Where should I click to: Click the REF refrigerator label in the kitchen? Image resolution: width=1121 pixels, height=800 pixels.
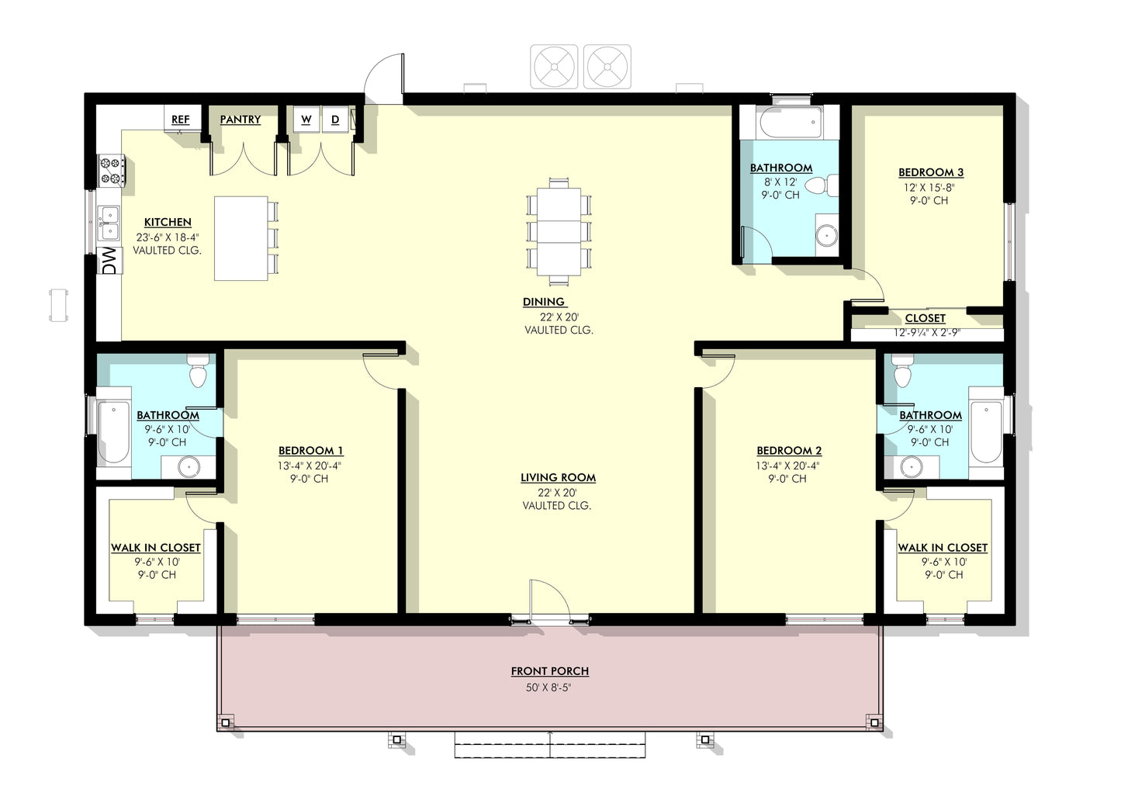tap(180, 119)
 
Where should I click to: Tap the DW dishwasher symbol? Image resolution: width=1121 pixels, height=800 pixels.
tap(109, 261)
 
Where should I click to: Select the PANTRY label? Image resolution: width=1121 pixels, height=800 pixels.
tap(240, 119)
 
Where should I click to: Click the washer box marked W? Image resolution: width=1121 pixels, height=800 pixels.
tap(306, 119)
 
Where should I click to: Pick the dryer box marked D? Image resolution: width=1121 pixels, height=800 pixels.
tap(335, 119)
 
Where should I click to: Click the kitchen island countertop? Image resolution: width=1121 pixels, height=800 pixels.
tap(240, 238)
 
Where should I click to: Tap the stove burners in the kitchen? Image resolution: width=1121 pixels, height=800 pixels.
tap(111, 171)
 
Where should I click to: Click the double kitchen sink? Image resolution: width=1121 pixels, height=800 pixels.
tap(109, 223)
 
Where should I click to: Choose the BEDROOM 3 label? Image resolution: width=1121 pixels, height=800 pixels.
tap(930, 172)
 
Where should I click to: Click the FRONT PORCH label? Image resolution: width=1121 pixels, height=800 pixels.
tap(549, 671)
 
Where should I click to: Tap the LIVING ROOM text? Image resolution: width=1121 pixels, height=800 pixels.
tap(558, 478)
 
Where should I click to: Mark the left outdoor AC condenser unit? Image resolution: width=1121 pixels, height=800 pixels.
tap(555, 67)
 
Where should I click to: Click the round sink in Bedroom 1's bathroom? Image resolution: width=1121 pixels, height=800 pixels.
tap(188, 467)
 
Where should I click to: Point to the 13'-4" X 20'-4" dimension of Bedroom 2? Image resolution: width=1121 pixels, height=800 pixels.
tap(788, 466)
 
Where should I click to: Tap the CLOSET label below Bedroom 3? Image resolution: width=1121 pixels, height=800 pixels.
tap(925, 318)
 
